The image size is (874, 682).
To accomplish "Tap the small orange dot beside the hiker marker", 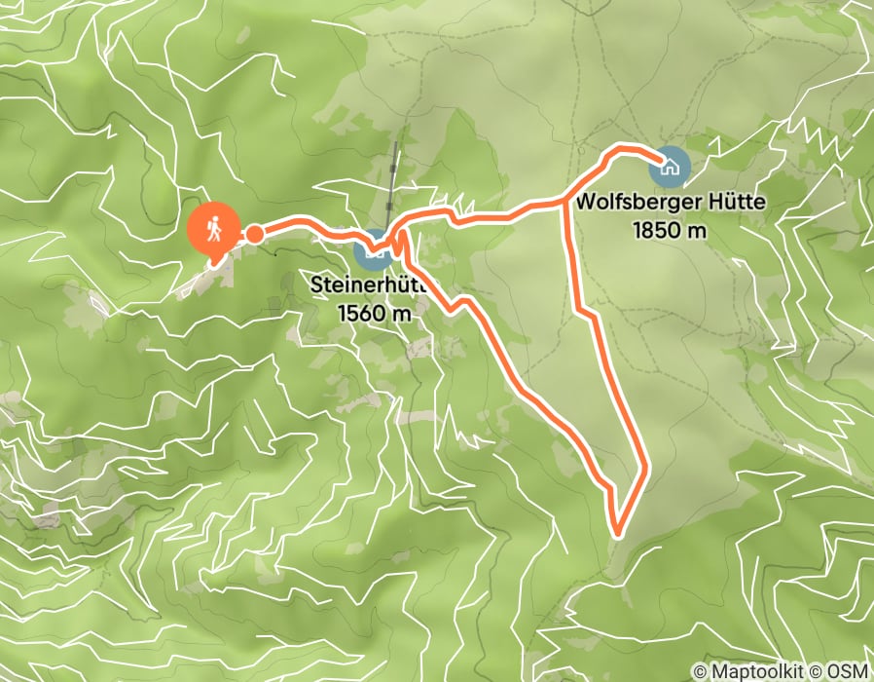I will click(x=253, y=234).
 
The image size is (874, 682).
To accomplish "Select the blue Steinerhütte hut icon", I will click(x=374, y=250).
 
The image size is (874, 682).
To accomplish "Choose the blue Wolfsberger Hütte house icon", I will click(x=671, y=166).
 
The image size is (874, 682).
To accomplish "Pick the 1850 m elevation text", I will click(x=668, y=231).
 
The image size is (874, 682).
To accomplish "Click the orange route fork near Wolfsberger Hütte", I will click(x=565, y=201).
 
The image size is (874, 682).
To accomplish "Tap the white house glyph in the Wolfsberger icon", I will click(x=671, y=166).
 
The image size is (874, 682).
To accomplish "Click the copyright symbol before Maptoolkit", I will click(x=701, y=671).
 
